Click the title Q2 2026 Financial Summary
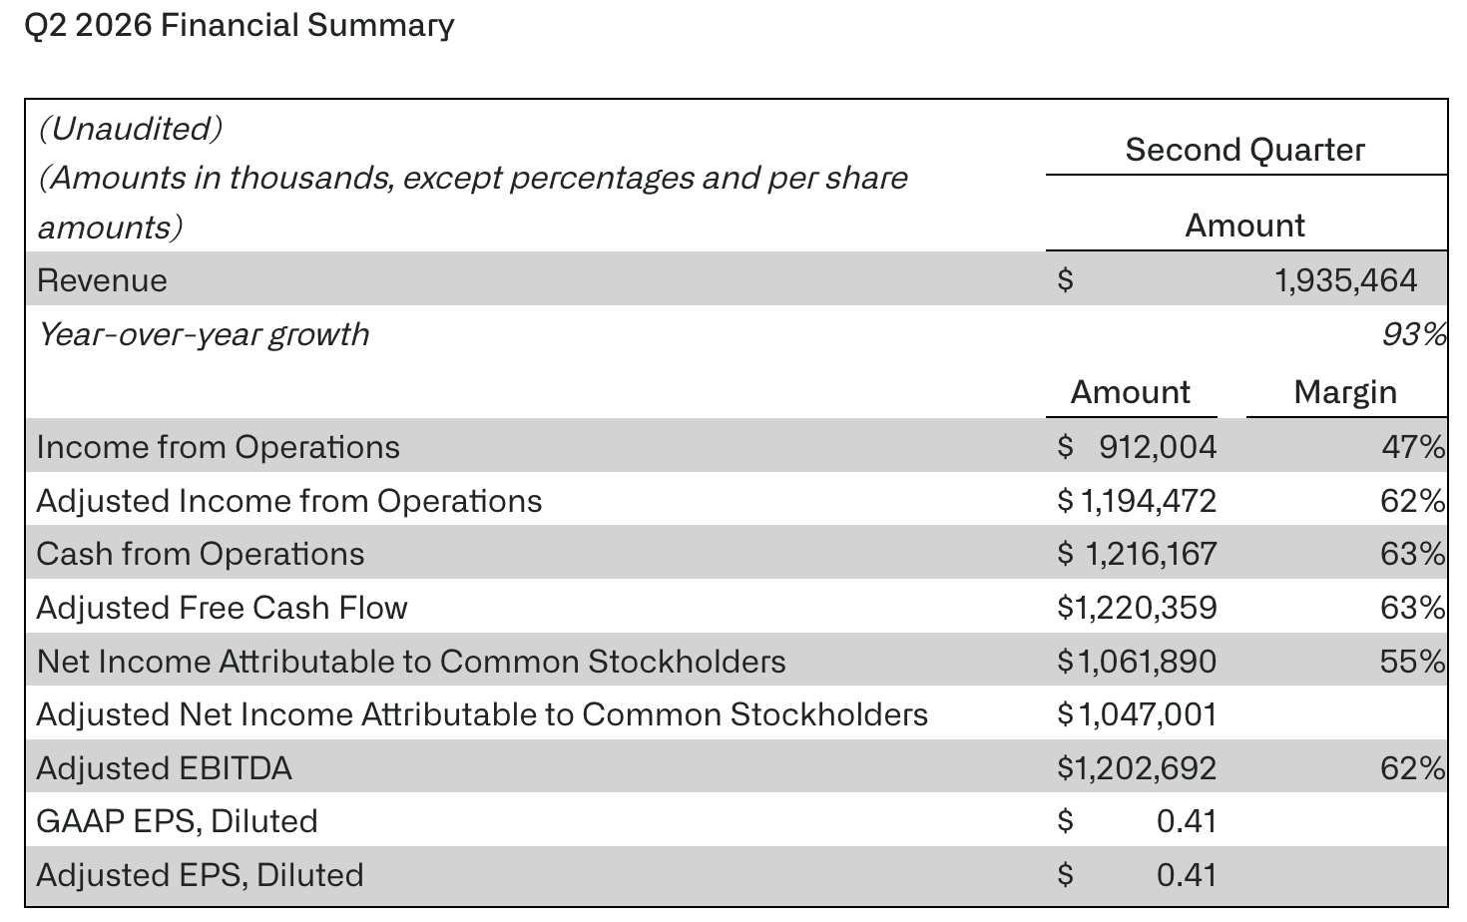(x=240, y=26)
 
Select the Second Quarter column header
(x=1245, y=150)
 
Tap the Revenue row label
(x=102, y=280)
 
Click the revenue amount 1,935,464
(x=1346, y=280)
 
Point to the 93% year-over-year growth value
(x=1414, y=334)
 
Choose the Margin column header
(x=1345, y=392)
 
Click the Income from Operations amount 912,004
(x=1158, y=447)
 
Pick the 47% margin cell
(x=1413, y=447)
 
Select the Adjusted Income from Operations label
(x=289, y=501)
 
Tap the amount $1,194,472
(x=1137, y=501)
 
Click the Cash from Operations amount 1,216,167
(x=1152, y=554)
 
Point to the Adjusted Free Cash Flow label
(x=222, y=608)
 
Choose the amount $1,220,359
(x=1137, y=608)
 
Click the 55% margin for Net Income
(x=1413, y=662)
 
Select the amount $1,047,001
(x=1137, y=714)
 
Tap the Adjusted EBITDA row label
(x=165, y=768)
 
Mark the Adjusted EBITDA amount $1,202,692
(x=1137, y=768)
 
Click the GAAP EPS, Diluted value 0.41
(x=1187, y=821)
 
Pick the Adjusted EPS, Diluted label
(x=200, y=875)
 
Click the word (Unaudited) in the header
(x=131, y=129)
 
